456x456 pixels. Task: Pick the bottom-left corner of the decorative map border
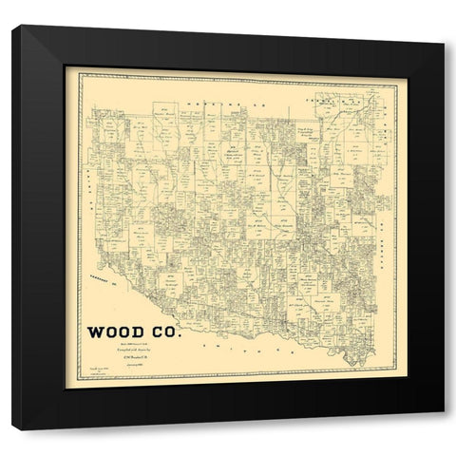point(79,389)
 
